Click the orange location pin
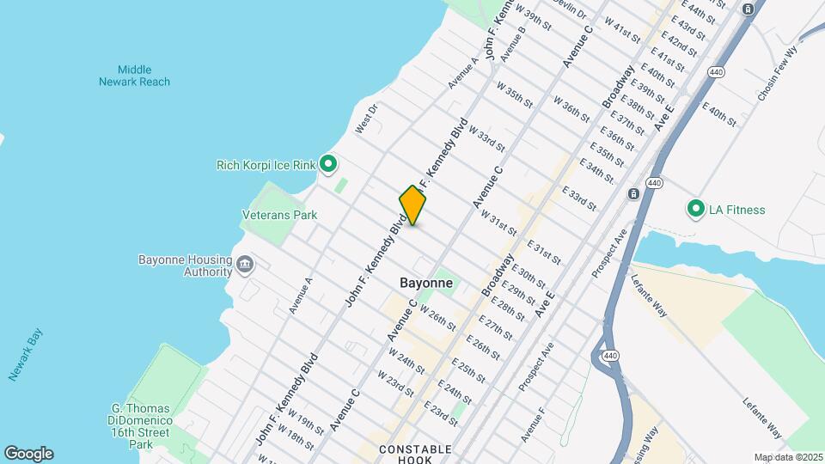(412, 205)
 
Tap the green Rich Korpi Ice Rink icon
(327, 163)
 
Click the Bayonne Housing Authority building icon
(244, 263)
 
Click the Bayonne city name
(426, 283)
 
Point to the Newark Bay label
(26, 355)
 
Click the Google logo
(27, 454)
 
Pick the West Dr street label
(367, 119)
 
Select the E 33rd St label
(579, 198)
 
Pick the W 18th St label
(301, 437)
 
